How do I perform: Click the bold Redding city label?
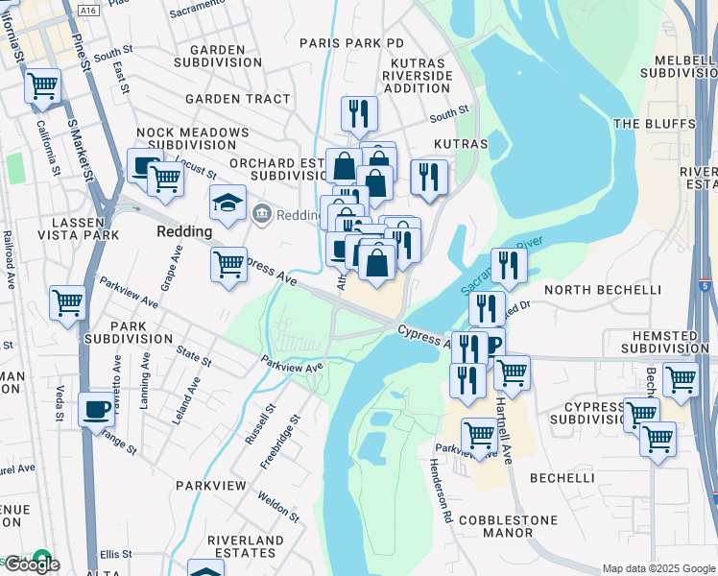(184, 232)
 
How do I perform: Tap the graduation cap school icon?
(227, 203)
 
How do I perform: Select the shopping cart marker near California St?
(42, 86)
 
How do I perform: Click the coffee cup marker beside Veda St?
(96, 409)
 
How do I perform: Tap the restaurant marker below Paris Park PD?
(359, 113)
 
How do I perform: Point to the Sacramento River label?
(500, 265)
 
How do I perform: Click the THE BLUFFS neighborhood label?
(654, 124)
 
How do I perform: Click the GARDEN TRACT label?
(237, 99)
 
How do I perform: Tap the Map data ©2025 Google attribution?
(658, 568)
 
